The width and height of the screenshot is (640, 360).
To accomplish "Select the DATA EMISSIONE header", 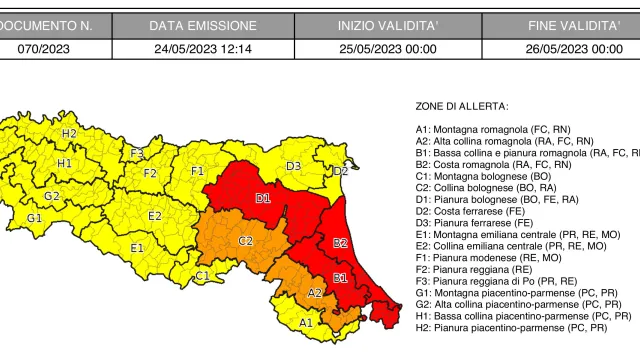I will click(203, 25).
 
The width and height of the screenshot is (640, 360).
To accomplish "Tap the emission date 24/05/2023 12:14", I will click(203, 48).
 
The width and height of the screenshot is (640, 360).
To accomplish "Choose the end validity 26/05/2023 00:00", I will click(573, 48).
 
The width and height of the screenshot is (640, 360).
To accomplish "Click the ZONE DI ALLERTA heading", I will click(461, 106).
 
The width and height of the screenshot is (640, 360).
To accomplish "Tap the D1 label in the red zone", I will click(263, 199).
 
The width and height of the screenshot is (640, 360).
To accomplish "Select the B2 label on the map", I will click(340, 243).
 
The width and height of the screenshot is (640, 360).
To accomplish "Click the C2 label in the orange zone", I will click(245, 241).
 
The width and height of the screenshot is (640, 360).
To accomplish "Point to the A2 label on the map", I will click(314, 293).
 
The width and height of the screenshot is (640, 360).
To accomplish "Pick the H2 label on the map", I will click(69, 133).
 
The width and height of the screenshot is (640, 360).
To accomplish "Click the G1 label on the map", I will click(34, 217).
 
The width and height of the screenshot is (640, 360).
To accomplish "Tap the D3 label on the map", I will click(294, 166).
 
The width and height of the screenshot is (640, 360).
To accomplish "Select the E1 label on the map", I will click(137, 247).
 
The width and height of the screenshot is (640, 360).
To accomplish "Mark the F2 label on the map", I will click(150, 173).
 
